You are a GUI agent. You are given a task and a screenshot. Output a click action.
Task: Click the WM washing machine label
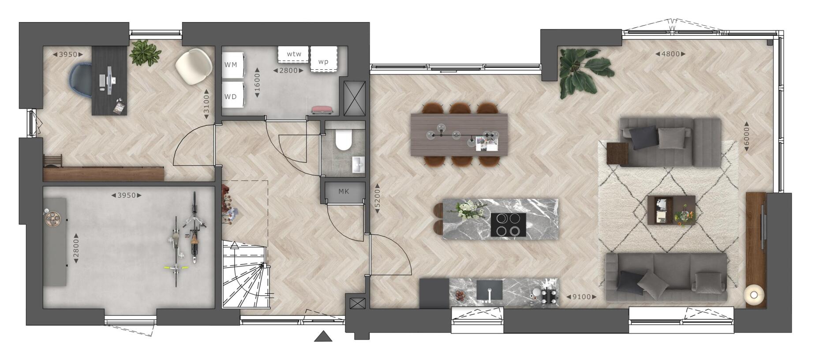pyautogui.click(x=231, y=65)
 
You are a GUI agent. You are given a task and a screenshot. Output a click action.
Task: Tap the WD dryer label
pyautogui.click(x=231, y=97)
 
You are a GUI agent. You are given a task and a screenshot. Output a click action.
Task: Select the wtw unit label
pyautogui.click(x=294, y=54)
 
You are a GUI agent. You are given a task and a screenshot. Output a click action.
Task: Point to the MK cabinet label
pyautogui.click(x=344, y=191)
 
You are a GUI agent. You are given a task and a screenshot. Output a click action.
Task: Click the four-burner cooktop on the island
pyautogui.click(x=508, y=225)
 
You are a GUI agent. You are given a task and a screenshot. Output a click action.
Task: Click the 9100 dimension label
pyautogui.click(x=581, y=297)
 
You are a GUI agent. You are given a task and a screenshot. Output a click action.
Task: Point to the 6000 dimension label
pyautogui.click(x=747, y=136)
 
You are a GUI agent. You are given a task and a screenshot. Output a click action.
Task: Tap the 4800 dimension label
pyautogui.click(x=670, y=54)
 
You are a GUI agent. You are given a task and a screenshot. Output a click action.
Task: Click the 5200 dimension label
pyautogui.click(x=377, y=199)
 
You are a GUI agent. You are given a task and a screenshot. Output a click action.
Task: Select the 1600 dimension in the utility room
pyautogui.click(x=258, y=82)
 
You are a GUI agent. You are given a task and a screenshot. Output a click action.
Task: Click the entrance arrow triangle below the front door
pyautogui.click(x=323, y=337)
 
